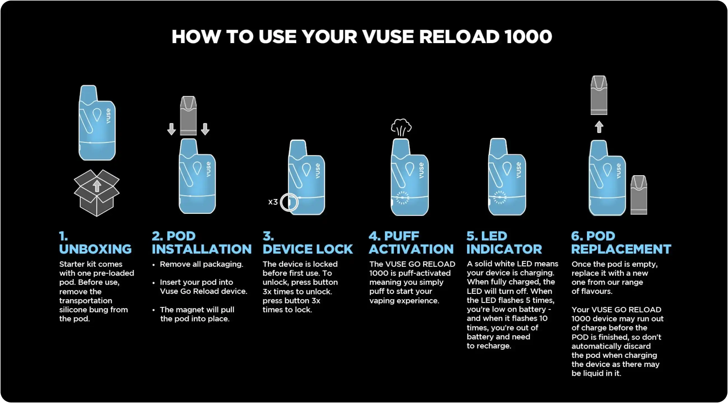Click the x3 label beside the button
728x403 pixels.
(x=273, y=202)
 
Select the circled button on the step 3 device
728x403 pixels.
(x=289, y=202)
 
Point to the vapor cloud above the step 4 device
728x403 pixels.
(x=401, y=127)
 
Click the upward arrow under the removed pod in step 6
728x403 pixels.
(x=599, y=127)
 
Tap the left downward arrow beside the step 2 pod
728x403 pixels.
(x=171, y=129)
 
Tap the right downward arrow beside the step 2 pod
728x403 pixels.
(x=205, y=129)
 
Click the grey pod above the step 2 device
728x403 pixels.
(x=188, y=116)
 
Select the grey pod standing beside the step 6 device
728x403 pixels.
(x=639, y=195)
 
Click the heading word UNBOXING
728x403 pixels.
(x=95, y=249)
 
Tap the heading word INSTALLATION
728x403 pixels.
(x=202, y=249)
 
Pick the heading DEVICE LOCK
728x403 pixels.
(x=307, y=249)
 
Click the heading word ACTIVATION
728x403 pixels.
(x=411, y=249)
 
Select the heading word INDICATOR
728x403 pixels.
(x=504, y=249)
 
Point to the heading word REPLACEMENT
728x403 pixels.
(x=621, y=249)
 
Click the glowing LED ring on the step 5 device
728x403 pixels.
(x=500, y=197)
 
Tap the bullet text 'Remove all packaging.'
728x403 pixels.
(x=201, y=264)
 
